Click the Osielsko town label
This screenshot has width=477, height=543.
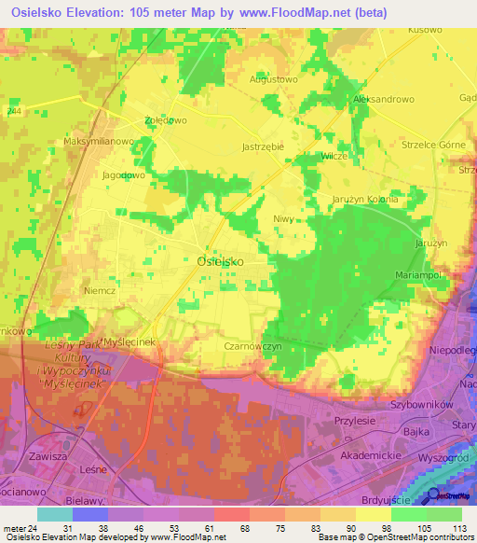click(221, 262)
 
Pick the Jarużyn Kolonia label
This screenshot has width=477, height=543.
click(365, 200)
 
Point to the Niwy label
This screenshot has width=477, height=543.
click(283, 219)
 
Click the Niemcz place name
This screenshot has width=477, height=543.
click(99, 290)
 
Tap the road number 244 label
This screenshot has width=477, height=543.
click(13, 111)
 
